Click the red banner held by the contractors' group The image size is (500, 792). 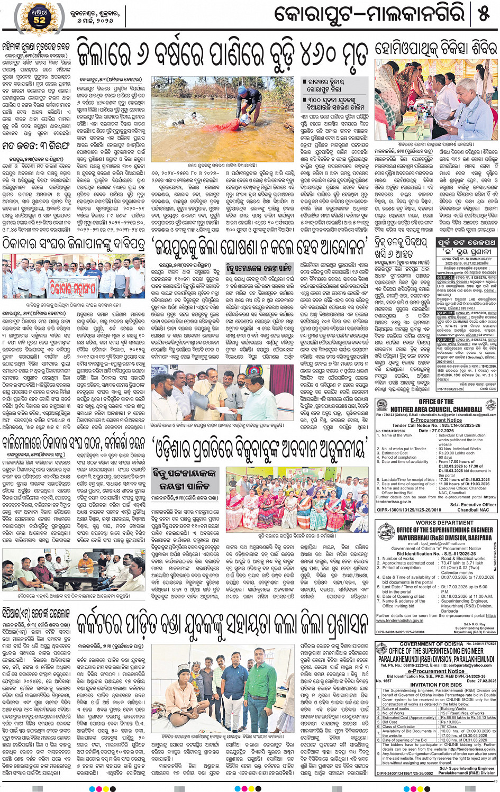(78, 287)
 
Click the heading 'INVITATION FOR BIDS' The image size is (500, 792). (436, 685)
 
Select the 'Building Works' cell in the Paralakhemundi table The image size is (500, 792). (453, 709)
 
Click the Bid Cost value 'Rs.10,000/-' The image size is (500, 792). (450, 722)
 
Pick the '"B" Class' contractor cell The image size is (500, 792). (449, 726)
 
